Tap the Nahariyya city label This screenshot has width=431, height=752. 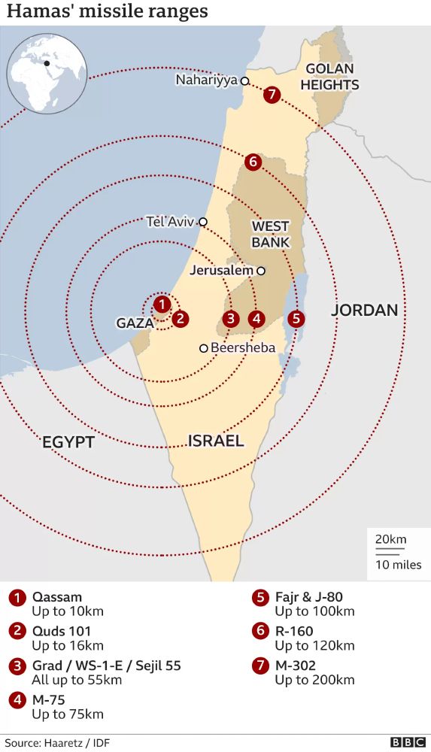[x=206, y=80]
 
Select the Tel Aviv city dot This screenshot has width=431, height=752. [x=202, y=222]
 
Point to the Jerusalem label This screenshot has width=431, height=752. [x=222, y=271]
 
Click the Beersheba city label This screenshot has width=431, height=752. [x=243, y=347]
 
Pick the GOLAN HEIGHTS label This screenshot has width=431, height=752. [x=329, y=77]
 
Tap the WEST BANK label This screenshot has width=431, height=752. [x=271, y=234]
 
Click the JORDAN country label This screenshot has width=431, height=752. [x=365, y=310]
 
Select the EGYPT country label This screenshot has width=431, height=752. [x=68, y=441]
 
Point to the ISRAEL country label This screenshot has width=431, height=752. [x=216, y=440]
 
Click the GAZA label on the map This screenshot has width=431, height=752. [x=135, y=323]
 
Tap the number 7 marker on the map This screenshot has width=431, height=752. [x=272, y=95]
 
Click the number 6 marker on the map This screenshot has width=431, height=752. [x=252, y=161]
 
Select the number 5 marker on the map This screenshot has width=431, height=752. [x=296, y=318]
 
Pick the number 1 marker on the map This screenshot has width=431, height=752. [x=162, y=305]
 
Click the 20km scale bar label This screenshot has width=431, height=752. [x=390, y=539]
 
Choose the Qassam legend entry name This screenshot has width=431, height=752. [x=57, y=597]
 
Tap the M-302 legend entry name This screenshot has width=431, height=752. [x=295, y=665]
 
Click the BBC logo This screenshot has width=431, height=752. [x=407, y=742]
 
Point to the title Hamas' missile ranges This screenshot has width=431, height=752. [x=108, y=13]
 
